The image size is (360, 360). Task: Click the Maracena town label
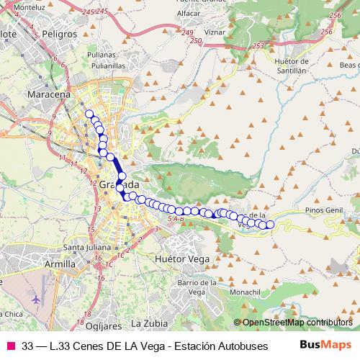click(48, 94)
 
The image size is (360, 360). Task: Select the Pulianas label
click(101, 54)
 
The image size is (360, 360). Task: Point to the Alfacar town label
click(187, 14)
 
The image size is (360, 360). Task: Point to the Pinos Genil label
click(325, 210)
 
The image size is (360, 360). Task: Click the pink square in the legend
click(10, 345)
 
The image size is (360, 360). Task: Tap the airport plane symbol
click(35, 298)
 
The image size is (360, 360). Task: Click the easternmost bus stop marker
click(271, 225)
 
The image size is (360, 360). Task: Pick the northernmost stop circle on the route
click(89, 114)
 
